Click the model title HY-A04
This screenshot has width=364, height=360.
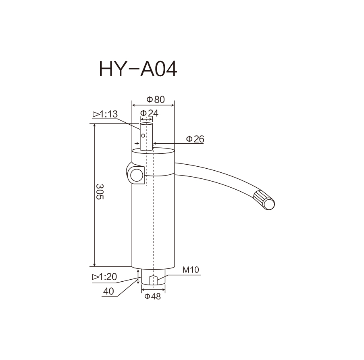pos(138,69)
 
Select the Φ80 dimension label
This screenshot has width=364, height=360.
pos(156,99)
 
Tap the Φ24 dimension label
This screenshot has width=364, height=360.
pos(149,113)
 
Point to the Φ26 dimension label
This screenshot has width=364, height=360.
pos(195,139)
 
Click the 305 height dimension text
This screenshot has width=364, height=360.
pos(100,192)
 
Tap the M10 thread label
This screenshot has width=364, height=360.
pos(191,270)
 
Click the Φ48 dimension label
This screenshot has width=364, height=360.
pos(152,296)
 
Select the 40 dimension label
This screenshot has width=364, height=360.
pos(108,291)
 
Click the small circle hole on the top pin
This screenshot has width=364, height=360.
pos(143,136)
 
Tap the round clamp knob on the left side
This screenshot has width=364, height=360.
pos(137,175)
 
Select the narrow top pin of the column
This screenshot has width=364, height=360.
pos(146,137)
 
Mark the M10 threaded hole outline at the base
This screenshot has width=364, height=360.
pos(153,280)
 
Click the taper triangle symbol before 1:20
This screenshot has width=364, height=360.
pos(96,277)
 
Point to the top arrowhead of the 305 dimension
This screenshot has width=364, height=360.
pos(94,126)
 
